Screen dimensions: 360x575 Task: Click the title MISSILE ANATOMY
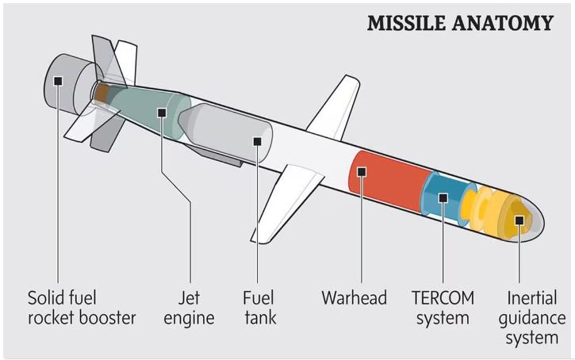[459, 23]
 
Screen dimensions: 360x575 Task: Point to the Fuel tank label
[259, 308]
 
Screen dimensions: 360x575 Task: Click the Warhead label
[354, 298]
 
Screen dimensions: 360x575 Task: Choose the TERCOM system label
[443, 308]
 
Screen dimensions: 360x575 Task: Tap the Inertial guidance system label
[536, 318]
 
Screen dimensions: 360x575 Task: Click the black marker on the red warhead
[361, 171]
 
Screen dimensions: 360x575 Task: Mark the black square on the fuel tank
[257, 141]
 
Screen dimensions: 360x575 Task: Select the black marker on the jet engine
[162, 113]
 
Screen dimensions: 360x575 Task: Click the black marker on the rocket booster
[58, 79]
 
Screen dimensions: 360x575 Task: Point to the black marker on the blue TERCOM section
[443, 197]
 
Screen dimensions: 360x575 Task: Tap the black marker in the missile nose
[519, 220]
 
